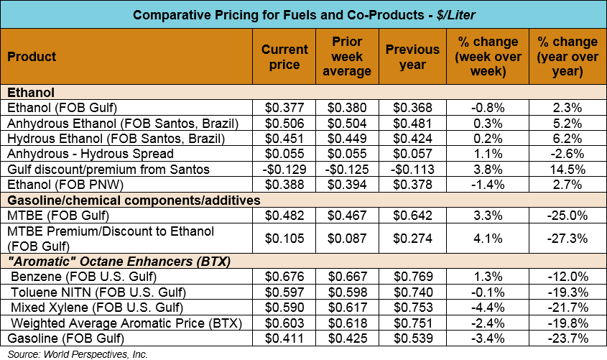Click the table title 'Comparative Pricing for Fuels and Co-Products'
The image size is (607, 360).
303,15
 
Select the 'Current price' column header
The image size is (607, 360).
284,57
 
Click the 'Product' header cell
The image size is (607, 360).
32,57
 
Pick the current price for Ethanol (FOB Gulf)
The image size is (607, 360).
284,108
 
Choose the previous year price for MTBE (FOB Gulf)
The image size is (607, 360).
412,214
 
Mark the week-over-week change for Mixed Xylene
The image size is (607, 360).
488,307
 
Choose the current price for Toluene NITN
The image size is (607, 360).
284,292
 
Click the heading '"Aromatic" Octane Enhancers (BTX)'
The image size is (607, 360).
119,262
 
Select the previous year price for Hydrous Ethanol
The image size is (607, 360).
412,139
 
